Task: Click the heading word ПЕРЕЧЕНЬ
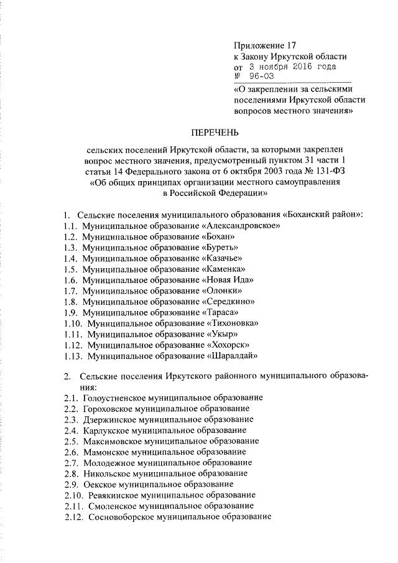[x=215, y=132]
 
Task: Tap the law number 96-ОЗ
[x=260, y=77]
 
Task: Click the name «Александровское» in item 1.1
[x=240, y=226]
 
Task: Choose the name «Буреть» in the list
[x=221, y=248]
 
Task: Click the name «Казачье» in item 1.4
[x=223, y=258]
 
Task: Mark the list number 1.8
[x=70, y=302]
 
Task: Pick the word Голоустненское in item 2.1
[x=112, y=397]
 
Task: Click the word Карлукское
[x=103, y=430]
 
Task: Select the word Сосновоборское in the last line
[x=119, y=517]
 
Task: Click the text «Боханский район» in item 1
[x=322, y=215]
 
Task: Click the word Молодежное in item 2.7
[x=106, y=462]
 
